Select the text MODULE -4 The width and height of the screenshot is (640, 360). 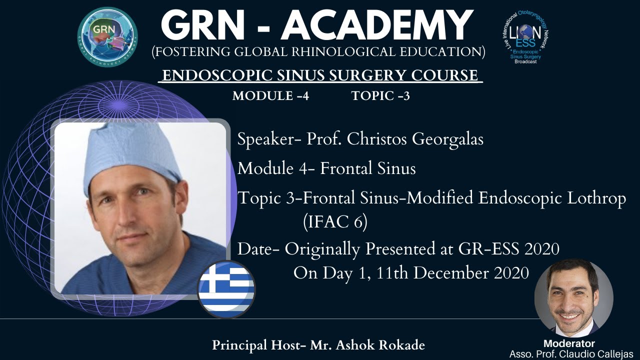tap(270, 96)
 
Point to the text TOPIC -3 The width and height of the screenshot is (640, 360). tap(380, 96)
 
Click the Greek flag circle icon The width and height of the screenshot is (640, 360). tap(226, 289)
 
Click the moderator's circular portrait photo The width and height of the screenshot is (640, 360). tap(573, 298)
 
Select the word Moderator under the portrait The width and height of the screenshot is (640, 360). tap(569, 343)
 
